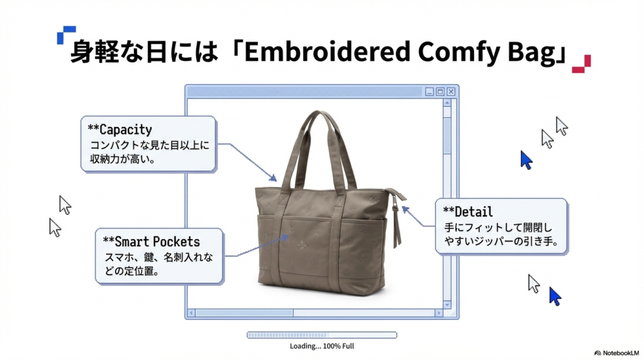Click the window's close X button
[451, 92]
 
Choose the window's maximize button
[440, 92]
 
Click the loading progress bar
[321, 335]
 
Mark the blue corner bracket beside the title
[65, 34]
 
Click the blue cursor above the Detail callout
[526, 160]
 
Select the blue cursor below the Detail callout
[555, 296]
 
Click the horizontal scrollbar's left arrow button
[192, 312]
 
